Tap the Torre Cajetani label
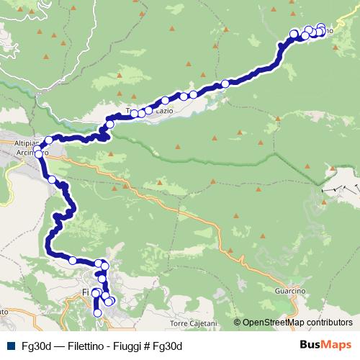click(x=194, y=324)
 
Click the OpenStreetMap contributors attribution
click(x=297, y=323)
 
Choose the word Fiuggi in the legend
click(x=141, y=346)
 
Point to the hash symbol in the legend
click(x=158, y=346)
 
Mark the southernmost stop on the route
click(x=98, y=313)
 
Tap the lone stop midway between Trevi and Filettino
click(x=225, y=84)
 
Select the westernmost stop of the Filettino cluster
click(x=294, y=34)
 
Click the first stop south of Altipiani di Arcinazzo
click(x=52, y=179)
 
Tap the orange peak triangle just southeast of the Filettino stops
click(x=336, y=41)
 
